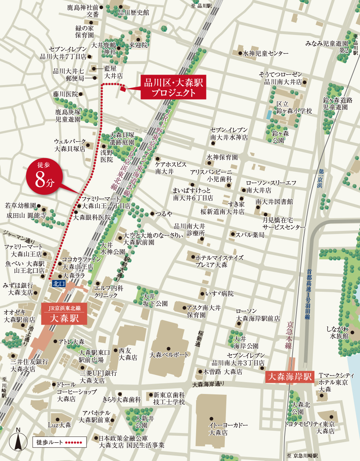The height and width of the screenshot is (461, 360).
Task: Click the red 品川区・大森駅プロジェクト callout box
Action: coord(173,87)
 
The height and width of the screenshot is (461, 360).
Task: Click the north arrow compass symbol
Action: coord(18,440)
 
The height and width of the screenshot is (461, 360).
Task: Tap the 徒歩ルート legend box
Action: coord(59,442)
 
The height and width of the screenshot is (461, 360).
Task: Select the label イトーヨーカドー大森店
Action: coord(223,429)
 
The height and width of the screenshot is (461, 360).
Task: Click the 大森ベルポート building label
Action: coord(170,355)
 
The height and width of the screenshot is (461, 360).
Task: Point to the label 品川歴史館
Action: coord(133,12)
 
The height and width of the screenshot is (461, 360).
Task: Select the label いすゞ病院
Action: coord(219,294)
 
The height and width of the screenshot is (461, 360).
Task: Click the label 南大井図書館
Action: coord(274,201)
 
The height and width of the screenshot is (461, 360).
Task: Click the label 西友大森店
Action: coord(128,354)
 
